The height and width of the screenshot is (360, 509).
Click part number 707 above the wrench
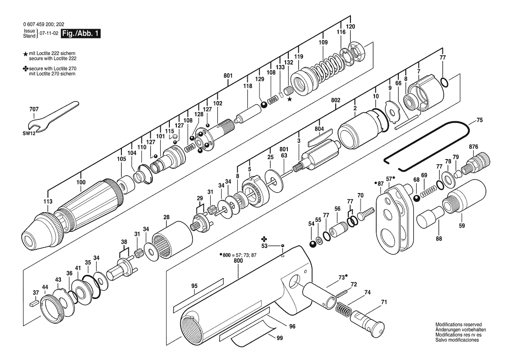[34, 109]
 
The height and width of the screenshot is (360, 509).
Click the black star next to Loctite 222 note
[25, 54]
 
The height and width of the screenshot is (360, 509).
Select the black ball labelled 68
[417, 198]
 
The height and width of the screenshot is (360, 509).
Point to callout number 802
[335, 100]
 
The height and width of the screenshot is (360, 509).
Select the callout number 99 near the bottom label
[280, 338]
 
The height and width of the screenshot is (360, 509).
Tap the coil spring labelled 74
[343, 309]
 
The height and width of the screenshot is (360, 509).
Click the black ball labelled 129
[264, 105]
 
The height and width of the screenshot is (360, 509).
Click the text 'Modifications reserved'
[458, 325]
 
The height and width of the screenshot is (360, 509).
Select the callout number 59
[462, 225]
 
